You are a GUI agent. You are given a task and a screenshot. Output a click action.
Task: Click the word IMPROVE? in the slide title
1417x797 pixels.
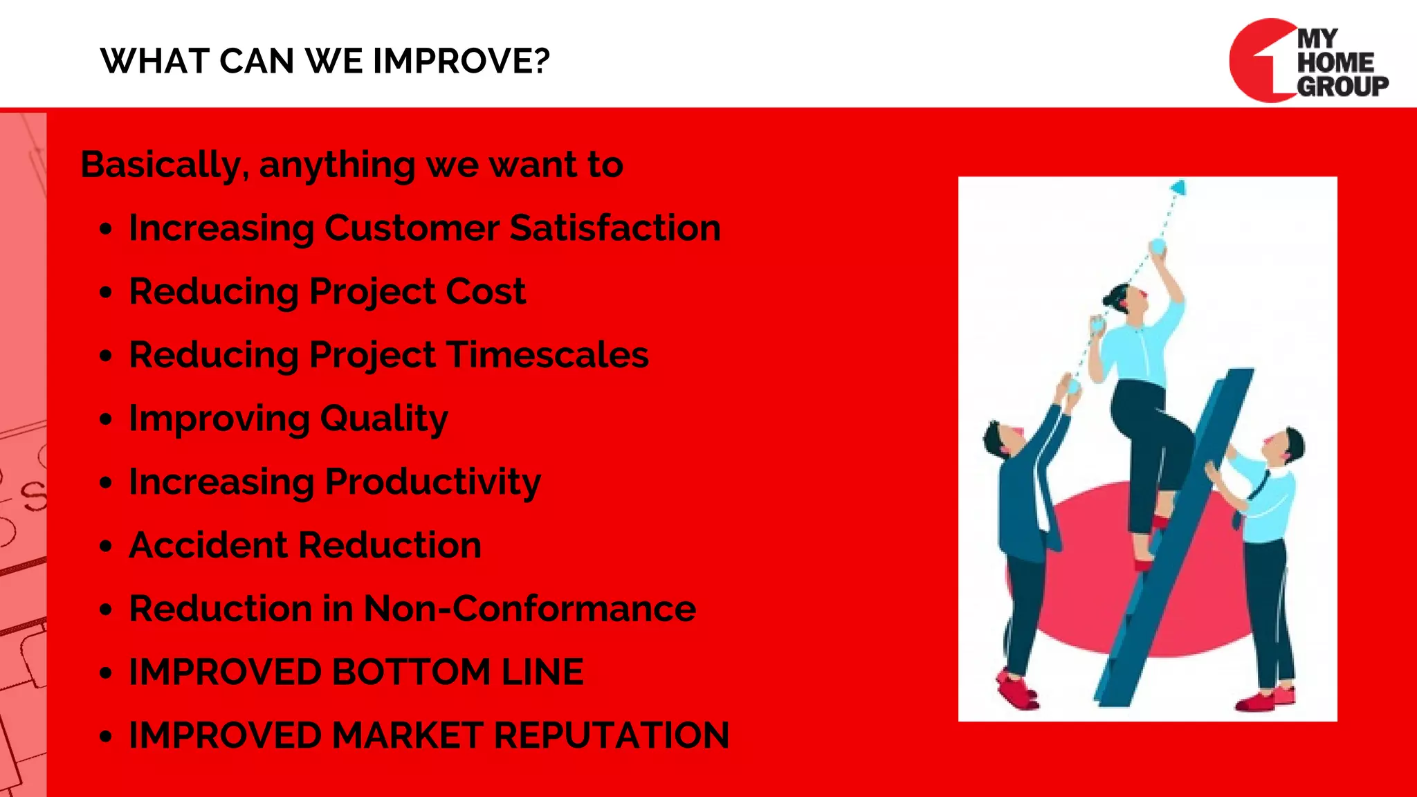[x=461, y=61]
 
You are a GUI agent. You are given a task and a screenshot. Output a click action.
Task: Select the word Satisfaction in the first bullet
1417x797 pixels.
[x=615, y=228]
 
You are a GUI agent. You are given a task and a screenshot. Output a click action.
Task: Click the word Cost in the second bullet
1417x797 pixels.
[x=486, y=291]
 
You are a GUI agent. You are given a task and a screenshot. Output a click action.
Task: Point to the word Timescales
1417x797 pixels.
[x=548, y=355]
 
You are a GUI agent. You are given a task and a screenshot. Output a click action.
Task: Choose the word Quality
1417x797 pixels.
[x=384, y=419]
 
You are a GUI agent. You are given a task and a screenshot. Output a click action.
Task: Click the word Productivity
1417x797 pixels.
[x=433, y=482]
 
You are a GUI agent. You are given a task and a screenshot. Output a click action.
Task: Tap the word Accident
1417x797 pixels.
[x=208, y=545]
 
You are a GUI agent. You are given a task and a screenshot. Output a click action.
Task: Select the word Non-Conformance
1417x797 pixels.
[x=529, y=609]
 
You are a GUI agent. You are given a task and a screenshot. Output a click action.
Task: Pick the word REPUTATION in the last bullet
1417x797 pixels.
[x=612, y=735]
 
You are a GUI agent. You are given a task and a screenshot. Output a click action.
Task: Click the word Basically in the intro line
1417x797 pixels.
[x=161, y=165]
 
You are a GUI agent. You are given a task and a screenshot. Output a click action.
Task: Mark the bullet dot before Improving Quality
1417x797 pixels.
[x=105, y=419]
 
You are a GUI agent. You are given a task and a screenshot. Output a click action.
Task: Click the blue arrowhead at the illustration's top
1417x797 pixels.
[x=1178, y=187]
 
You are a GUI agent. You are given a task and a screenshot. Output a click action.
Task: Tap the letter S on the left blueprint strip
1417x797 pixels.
[x=33, y=496]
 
